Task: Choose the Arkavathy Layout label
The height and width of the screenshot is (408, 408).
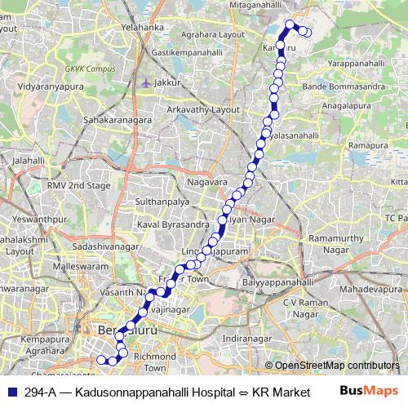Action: [x=203, y=109]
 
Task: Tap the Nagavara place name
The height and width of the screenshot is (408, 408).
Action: [x=206, y=181]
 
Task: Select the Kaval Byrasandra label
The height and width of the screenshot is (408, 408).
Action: [x=172, y=223]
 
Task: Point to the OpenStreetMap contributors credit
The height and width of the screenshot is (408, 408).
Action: [x=337, y=366]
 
